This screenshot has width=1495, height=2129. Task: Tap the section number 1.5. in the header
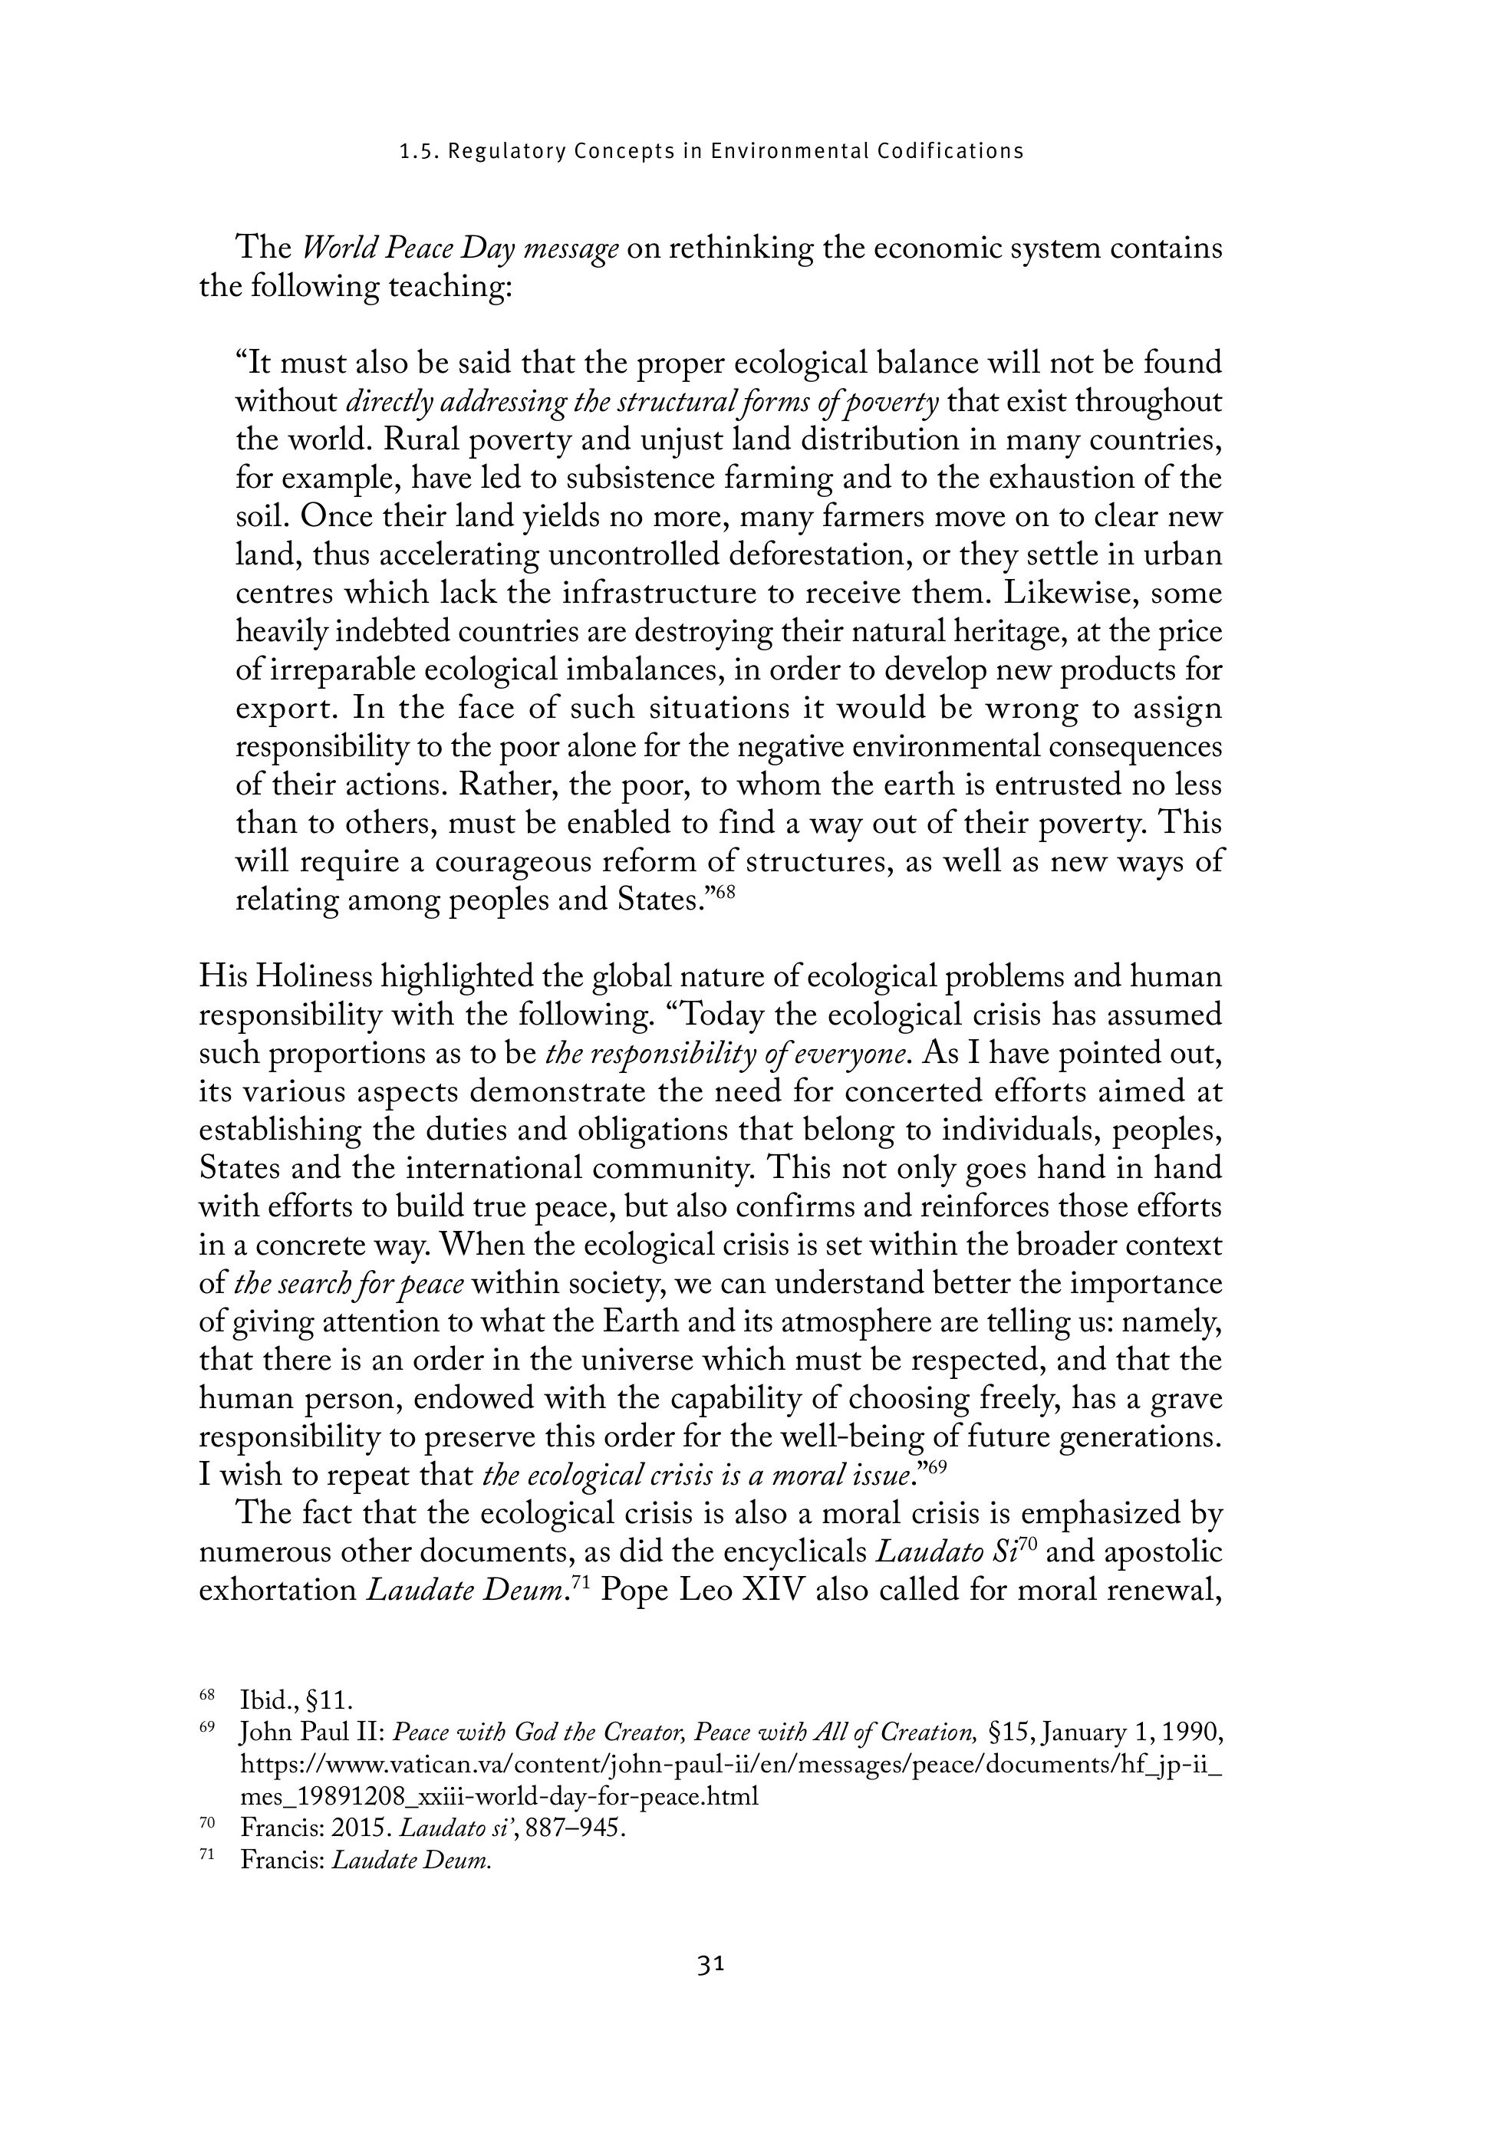418,151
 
